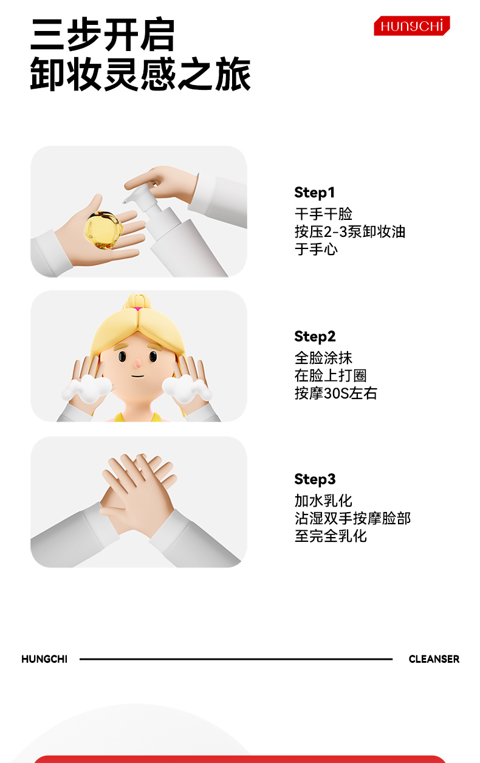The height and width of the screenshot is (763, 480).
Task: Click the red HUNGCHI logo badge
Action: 411,26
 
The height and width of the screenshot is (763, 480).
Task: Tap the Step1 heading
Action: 315,193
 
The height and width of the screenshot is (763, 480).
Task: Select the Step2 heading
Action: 315,337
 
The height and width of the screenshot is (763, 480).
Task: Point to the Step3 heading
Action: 315,479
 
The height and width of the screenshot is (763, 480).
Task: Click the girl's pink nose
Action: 137,364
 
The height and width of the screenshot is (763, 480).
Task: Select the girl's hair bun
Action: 137,301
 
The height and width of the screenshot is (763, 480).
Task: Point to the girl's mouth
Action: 138,376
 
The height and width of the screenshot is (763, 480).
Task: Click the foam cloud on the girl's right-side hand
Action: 187,389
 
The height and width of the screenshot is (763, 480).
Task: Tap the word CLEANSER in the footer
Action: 434,659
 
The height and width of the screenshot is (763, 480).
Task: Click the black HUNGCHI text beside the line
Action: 44,659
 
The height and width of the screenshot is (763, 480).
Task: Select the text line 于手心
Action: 316,249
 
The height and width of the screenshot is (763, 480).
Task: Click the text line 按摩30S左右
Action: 335,394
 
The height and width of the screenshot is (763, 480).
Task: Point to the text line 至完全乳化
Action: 331,536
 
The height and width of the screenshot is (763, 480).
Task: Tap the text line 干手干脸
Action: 323,214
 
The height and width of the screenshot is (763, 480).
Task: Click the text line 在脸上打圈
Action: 331,375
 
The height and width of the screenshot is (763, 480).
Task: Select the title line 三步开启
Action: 103,35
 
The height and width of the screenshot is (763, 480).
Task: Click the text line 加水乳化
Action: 323,501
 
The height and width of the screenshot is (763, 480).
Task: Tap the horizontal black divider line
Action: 236,659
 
